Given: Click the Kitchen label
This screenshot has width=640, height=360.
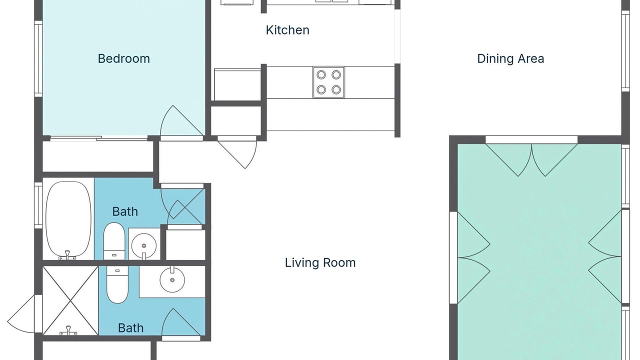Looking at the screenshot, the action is pyautogui.click(x=287, y=30).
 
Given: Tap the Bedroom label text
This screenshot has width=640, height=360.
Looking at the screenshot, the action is pyautogui.click(x=123, y=58).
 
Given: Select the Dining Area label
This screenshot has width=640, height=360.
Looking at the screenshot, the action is pyautogui.click(x=510, y=58).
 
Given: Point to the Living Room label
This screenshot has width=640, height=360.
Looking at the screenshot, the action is pyautogui.click(x=320, y=262).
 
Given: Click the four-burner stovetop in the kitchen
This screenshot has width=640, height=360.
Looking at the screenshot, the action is pyautogui.click(x=328, y=82).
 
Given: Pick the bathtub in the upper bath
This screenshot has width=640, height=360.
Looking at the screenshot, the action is pyautogui.click(x=68, y=220).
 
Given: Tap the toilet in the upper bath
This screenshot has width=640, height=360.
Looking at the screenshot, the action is pyautogui.click(x=114, y=241).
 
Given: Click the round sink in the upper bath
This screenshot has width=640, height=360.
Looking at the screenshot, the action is pyautogui.click(x=143, y=245).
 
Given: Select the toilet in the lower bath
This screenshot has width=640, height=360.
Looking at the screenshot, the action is pyautogui.click(x=117, y=284).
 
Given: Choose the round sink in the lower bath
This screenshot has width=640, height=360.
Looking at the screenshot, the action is pyautogui.click(x=172, y=279).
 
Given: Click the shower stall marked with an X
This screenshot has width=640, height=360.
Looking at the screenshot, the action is pyautogui.click(x=70, y=300).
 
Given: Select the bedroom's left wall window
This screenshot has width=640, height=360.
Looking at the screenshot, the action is pyautogui.click(x=38, y=58).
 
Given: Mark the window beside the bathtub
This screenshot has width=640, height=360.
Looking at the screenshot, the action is pyautogui.click(x=38, y=205).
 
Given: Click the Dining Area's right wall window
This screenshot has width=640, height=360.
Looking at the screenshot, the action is pyautogui.click(x=625, y=51).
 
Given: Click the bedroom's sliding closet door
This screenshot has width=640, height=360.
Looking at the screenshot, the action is pyautogui.click(x=99, y=138).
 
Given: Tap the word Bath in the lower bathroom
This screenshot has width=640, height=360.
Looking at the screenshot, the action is pyautogui.click(x=130, y=328).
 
